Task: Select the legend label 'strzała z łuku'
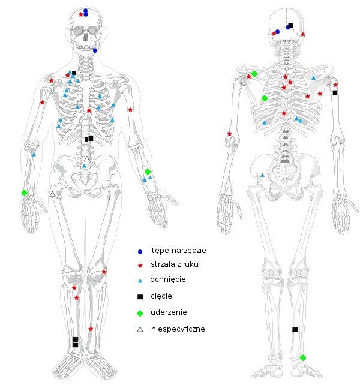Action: click(x=175, y=264)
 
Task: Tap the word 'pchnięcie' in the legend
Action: click(x=168, y=279)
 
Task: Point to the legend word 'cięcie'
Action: click(x=161, y=296)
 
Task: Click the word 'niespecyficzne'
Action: click(x=178, y=329)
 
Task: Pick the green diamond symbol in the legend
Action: click(x=140, y=312)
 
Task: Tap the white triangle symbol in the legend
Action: click(x=140, y=329)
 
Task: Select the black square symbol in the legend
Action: click(x=140, y=296)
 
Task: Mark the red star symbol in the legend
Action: click(x=140, y=265)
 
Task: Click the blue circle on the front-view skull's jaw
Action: click(x=95, y=50)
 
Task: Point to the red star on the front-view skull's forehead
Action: click(x=81, y=14)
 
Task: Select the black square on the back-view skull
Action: click(x=290, y=26)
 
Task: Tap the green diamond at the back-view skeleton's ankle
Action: click(x=303, y=357)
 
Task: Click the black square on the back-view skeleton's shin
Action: click(x=295, y=329)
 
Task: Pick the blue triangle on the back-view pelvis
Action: click(x=262, y=175)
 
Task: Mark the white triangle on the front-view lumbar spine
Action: click(x=87, y=159)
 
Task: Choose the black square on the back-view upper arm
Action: click(x=335, y=92)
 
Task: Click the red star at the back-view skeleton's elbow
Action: click(x=229, y=134)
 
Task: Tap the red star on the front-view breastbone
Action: click(x=89, y=110)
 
